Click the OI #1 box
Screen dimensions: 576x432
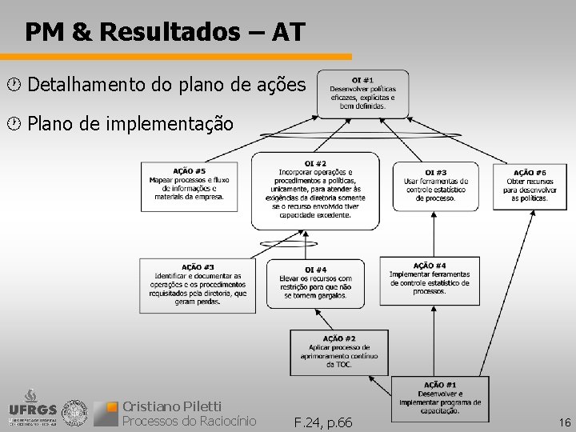click(362, 92)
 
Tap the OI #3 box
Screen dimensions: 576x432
click(435, 185)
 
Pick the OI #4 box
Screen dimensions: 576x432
click(315, 282)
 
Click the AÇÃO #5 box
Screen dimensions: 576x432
click(189, 186)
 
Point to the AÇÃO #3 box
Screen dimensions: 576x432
click(197, 282)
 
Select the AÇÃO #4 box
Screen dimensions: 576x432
click(430, 279)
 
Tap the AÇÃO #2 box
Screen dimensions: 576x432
click(339, 351)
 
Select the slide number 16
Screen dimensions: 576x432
click(565, 422)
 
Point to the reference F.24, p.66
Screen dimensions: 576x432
click(322, 422)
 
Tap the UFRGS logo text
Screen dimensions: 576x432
click(32, 410)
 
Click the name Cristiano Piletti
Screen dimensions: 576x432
click(171, 406)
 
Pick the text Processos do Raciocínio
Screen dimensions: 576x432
click(188, 421)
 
